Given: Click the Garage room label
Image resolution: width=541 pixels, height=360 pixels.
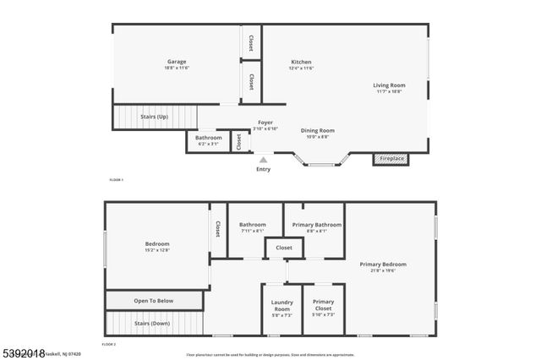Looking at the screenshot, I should [x=176, y=62].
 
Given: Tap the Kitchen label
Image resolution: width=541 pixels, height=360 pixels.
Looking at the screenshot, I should [x=301, y=62].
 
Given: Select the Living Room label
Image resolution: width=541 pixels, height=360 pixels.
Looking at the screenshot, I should [x=390, y=85].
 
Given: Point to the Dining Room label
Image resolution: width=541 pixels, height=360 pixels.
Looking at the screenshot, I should [x=318, y=130].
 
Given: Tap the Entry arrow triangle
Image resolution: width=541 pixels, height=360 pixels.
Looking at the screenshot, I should [x=264, y=158].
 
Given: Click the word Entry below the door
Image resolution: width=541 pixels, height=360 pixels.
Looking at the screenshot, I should [x=264, y=169].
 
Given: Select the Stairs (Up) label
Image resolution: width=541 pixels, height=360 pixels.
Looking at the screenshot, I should [x=154, y=116].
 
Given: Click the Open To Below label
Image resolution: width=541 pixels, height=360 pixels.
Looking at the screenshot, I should [x=154, y=300].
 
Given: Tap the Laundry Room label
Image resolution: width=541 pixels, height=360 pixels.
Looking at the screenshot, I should [x=281, y=305].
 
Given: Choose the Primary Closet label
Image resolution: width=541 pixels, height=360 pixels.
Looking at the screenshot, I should [x=323, y=305].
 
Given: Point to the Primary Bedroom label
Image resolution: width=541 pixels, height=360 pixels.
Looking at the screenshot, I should [x=383, y=265].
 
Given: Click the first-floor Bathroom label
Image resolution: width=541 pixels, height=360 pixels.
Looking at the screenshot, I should [x=208, y=138].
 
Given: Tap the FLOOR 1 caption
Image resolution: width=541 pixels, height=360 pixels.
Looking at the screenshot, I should [x=117, y=180].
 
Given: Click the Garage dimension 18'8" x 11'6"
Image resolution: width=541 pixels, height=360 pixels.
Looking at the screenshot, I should [x=176, y=68].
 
